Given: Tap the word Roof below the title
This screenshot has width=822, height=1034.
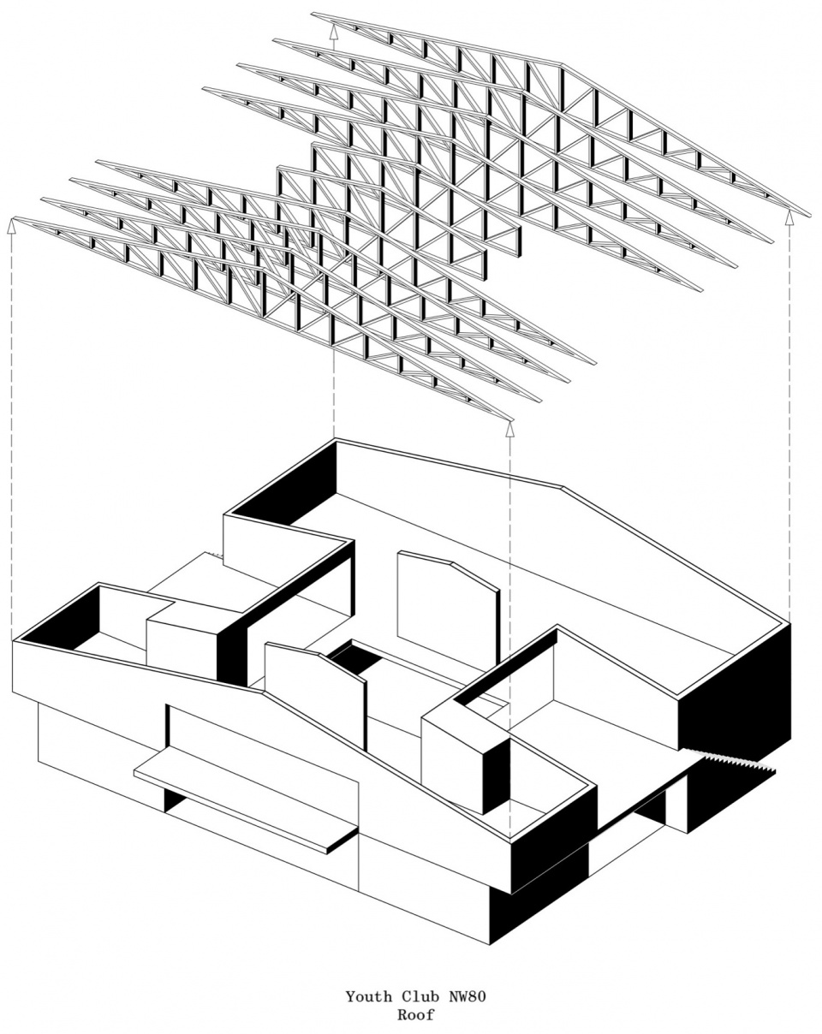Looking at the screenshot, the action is click(416, 1012).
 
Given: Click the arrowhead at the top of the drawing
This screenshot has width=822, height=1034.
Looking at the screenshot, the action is click(333, 31).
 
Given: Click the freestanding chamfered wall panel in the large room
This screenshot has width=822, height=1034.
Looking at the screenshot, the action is click(449, 609).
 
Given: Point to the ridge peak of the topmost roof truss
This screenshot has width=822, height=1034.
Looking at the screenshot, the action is click(562, 64).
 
